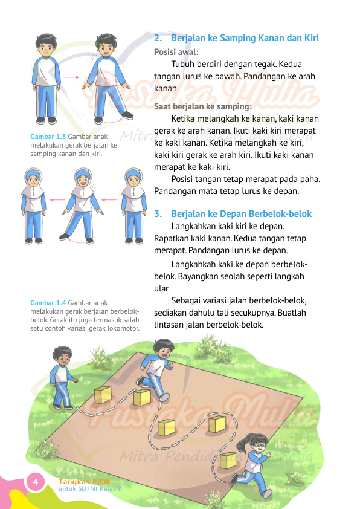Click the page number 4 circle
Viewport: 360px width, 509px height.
point(35,482)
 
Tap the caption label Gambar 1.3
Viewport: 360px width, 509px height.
point(48,137)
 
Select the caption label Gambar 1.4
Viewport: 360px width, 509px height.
point(48,302)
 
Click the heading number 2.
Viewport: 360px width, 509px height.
point(158,38)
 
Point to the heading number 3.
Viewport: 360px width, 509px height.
point(158,214)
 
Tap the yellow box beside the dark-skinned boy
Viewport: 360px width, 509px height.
point(103,395)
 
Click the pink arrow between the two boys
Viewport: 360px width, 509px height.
point(72,77)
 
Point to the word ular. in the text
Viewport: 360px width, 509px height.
point(162,288)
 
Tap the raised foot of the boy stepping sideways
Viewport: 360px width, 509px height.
point(127,115)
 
